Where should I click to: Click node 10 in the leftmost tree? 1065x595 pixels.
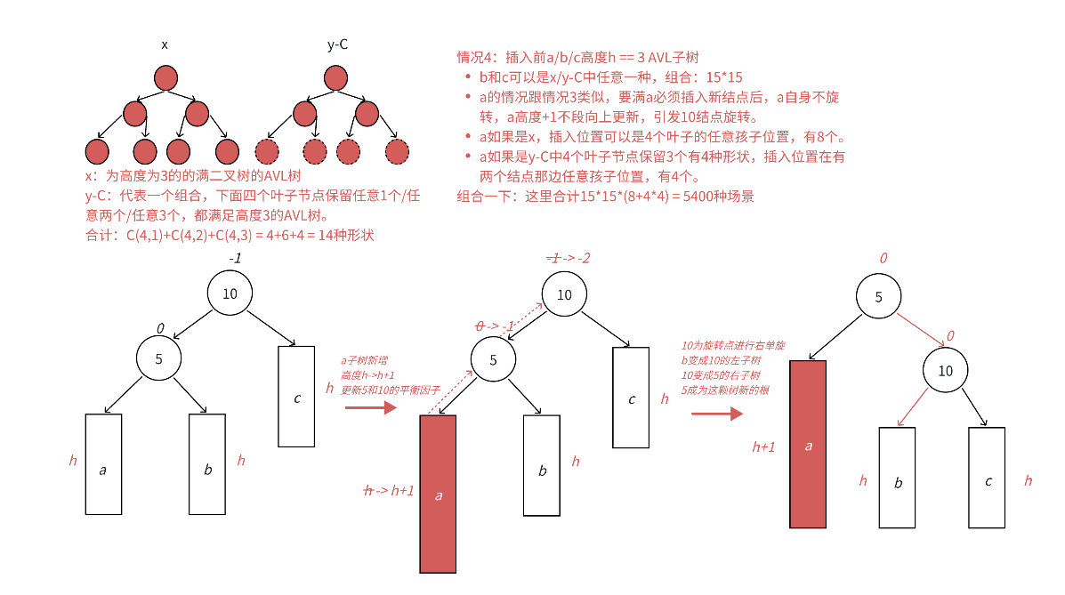pos(230,293)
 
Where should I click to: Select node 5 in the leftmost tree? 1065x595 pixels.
pos(159,359)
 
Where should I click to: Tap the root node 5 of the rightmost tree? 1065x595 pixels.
pos(879,297)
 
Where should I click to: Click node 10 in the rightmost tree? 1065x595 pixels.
pos(945,370)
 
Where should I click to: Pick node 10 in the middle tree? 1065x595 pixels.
pos(564,294)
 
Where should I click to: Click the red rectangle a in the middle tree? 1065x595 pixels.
pos(438,494)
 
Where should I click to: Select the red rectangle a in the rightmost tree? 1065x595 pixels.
pos(808,444)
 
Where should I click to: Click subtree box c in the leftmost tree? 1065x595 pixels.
pos(296,396)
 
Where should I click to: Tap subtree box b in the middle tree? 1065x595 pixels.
pos(541,465)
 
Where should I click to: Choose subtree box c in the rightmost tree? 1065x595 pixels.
pos(988,478)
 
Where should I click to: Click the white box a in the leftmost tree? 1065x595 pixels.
pos(103,464)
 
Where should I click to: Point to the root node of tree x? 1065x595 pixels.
pos(166,78)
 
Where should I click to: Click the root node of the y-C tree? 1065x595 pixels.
pos(337,78)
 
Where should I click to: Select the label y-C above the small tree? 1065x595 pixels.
pos(337,44)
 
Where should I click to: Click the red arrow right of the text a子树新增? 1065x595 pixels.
pos(370,408)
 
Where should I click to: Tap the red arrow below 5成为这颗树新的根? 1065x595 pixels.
pos(717,414)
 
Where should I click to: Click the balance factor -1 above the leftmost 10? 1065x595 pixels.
pos(235,258)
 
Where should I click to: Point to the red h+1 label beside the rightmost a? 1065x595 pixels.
pos(763,446)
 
